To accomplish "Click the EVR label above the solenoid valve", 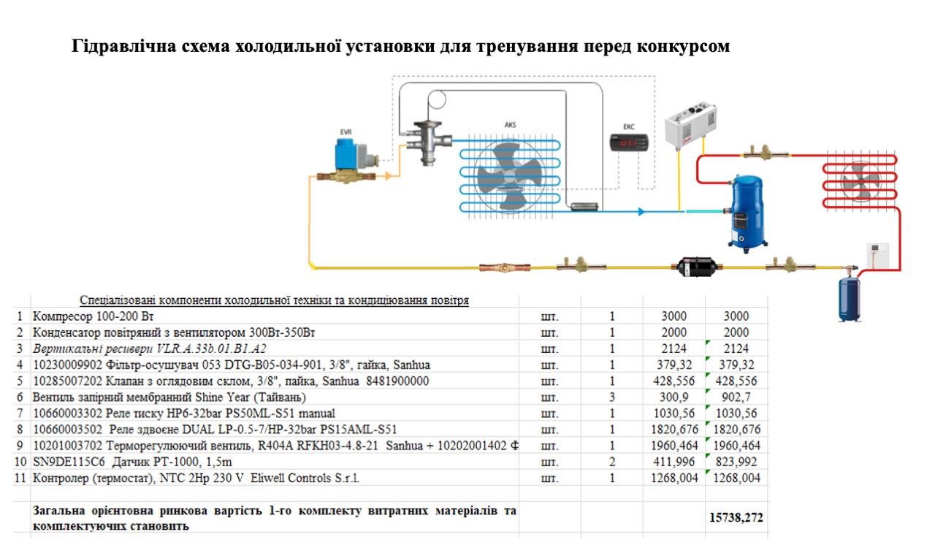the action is [346, 132].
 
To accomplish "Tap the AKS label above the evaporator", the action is [510, 124].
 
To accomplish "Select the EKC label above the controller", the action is [629, 126].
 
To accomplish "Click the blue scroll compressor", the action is [747, 213].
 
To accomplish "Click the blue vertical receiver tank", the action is [850, 299].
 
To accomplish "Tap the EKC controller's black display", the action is [629, 142].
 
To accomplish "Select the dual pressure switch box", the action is [691, 124].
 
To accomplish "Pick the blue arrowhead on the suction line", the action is [641, 212].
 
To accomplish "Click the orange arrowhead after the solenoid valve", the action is [388, 176].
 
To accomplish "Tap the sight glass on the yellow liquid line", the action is [505, 267].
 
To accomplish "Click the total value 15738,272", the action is [736, 518].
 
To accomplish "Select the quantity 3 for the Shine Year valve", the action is [612, 397].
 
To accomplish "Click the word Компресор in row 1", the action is [63, 316].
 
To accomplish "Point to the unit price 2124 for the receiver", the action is [673, 349].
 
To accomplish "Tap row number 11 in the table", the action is [20, 478].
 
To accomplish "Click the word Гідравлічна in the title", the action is [123, 46].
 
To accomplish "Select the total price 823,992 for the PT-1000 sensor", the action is [736, 462].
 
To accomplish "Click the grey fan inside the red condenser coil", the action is [860, 181].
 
